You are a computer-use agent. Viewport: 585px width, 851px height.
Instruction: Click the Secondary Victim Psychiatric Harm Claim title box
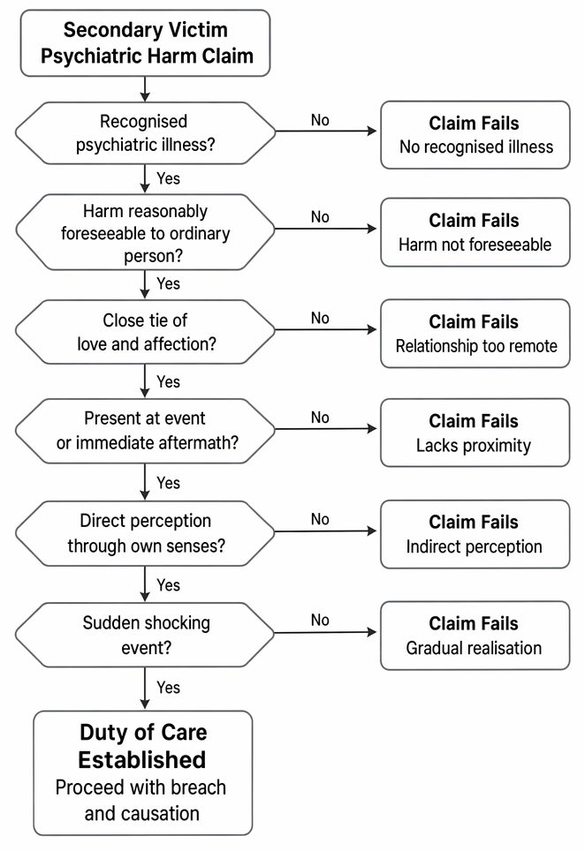pos(145,43)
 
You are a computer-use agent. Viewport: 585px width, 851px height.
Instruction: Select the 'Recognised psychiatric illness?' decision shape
pos(145,133)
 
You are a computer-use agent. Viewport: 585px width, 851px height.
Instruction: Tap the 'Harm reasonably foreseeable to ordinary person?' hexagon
pos(145,232)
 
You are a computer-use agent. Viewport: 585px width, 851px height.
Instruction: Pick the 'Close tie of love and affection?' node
pos(145,332)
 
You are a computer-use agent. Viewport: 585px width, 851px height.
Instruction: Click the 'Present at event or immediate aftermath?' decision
pos(145,431)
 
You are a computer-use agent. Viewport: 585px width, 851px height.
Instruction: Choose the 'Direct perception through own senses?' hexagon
pos(145,533)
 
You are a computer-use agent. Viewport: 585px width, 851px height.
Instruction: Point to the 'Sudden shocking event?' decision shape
pos(145,635)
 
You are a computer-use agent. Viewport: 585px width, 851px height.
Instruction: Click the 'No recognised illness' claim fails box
pos(475,134)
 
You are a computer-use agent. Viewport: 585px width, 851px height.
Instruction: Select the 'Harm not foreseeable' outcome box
pos(475,232)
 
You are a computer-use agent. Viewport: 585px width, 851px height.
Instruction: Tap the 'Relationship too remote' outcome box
pos(475,333)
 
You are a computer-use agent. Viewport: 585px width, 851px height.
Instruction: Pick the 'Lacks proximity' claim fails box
pos(475,433)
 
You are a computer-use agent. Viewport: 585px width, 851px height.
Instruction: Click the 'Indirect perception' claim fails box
pos(475,534)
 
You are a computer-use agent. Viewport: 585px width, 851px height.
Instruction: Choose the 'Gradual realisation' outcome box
pos(475,635)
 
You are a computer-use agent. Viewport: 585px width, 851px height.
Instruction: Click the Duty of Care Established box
pos(143,772)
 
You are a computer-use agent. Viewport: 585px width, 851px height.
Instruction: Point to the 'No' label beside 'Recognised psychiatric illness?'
pos(320,120)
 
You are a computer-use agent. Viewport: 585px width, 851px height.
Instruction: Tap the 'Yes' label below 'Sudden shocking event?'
pos(169,688)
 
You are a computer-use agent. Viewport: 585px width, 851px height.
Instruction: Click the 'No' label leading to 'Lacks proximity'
pos(320,418)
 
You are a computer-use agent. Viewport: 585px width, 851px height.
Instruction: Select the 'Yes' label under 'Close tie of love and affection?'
pos(169,381)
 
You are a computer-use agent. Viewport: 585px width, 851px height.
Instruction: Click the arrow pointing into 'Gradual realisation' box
pos(325,632)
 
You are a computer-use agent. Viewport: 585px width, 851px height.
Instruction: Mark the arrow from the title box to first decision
pos(145,89)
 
